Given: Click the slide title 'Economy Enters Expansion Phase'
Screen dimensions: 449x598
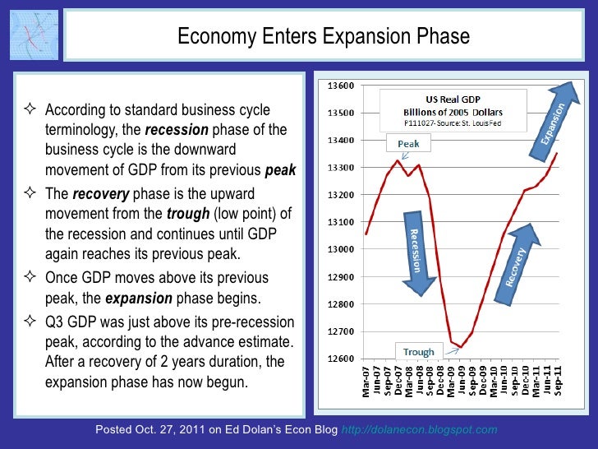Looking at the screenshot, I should [x=324, y=37].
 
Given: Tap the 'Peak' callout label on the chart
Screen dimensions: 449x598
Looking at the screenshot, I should [x=408, y=143].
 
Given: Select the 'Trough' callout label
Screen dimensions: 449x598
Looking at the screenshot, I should [x=418, y=352].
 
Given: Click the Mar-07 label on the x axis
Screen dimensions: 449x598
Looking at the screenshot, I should [x=366, y=382].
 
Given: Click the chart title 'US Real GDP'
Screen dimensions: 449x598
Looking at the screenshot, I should [x=453, y=99].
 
